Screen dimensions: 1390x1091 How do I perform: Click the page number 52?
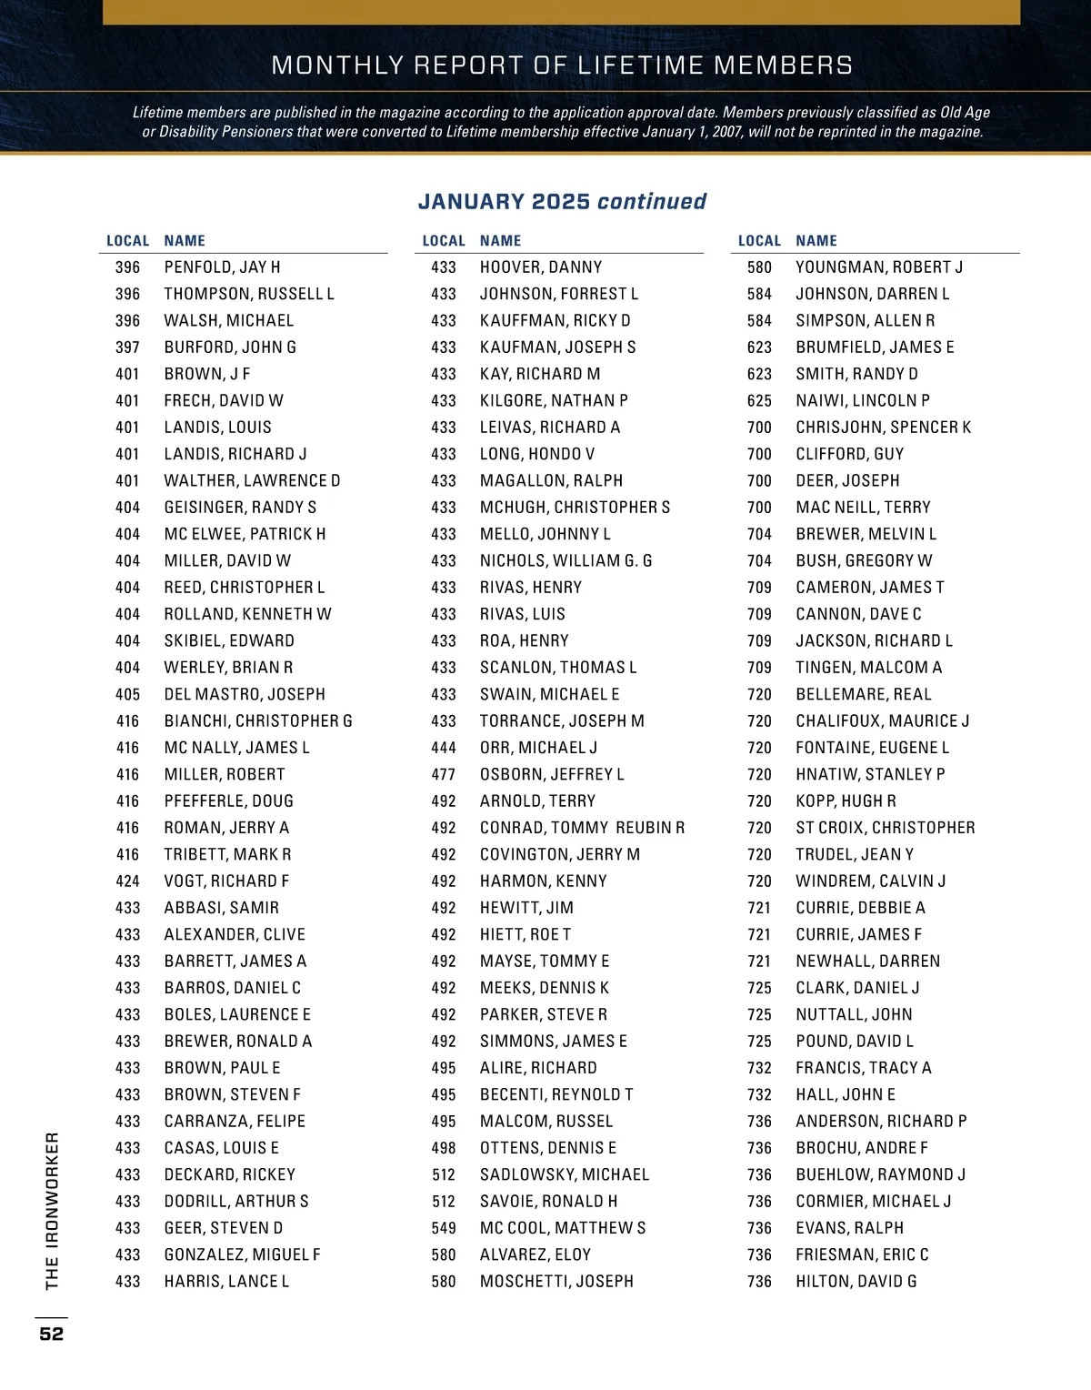(52, 1334)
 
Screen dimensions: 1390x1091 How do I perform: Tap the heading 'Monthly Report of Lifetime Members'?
(562, 65)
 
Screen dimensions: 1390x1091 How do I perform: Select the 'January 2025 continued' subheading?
(562, 201)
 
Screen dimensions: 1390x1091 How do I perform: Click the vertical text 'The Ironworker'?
(52, 1211)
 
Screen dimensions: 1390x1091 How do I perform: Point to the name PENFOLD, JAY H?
(222, 267)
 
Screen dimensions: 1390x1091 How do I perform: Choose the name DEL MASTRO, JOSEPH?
(245, 694)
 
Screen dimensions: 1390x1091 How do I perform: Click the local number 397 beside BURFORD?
(127, 347)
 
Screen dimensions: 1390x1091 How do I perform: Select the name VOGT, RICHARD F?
(226, 881)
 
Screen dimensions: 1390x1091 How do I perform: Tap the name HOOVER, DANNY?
(541, 267)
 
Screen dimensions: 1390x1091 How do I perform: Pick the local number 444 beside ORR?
(444, 748)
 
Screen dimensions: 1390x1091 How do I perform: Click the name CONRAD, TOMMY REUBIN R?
(582, 828)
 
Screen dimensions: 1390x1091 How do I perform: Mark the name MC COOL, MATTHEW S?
(563, 1228)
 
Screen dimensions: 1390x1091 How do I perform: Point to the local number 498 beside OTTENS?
(444, 1148)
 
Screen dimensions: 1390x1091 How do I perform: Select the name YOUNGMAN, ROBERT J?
(879, 267)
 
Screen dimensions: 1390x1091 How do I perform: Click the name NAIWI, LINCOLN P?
(863, 401)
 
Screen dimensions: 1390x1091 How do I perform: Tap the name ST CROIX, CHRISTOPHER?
(885, 828)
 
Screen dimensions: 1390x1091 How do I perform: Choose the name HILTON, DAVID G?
(856, 1282)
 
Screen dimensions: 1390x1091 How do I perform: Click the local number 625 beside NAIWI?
(759, 401)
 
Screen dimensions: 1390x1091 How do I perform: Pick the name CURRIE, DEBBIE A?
(860, 908)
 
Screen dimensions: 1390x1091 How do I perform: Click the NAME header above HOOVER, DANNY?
(500, 241)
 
